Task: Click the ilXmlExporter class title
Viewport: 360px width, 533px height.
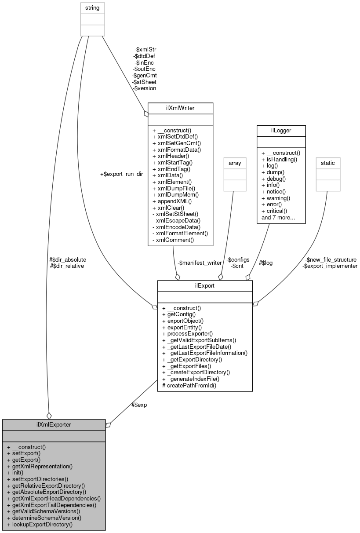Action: tap(54, 424)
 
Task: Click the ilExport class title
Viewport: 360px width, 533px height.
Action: tap(205, 286)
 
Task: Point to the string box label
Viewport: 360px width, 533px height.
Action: tap(92, 7)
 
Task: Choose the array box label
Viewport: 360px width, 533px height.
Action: tap(233, 163)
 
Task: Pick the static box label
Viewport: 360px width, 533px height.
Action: tap(327, 163)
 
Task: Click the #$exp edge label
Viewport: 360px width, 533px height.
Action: tap(139, 405)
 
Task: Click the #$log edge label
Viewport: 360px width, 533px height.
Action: tap(265, 263)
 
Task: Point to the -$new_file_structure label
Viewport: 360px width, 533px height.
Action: tap(331, 259)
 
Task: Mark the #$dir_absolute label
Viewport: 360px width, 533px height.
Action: tap(68, 259)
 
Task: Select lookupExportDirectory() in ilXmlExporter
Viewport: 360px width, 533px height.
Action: tap(40, 524)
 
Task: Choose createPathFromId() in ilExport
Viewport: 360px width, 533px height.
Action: tap(189, 385)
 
